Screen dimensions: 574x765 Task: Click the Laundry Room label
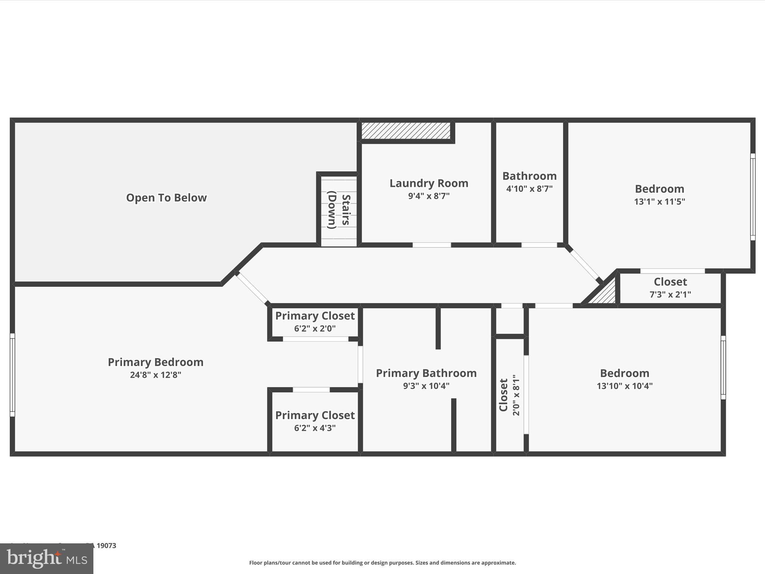(428, 183)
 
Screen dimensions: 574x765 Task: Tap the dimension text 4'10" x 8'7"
(529, 189)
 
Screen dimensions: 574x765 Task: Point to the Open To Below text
(166, 198)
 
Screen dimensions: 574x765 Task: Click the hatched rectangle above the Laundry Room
(406, 131)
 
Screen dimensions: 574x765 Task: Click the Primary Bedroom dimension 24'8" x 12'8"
(155, 375)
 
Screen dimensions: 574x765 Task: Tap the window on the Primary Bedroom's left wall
(12, 375)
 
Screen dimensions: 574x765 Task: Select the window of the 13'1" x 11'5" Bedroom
(753, 197)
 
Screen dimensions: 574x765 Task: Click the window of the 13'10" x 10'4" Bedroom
(723, 367)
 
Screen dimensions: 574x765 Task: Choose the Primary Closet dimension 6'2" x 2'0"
(315, 329)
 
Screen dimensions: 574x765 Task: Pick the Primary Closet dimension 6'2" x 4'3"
(315, 428)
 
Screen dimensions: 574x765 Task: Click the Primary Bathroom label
(426, 373)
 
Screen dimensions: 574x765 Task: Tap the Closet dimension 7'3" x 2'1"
(670, 294)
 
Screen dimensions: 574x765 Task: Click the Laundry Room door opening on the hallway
(431, 245)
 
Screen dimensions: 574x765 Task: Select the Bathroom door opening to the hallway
(539, 245)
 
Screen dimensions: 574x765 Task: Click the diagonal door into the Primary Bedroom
(252, 288)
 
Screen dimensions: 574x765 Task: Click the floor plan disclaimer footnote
(382, 563)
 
